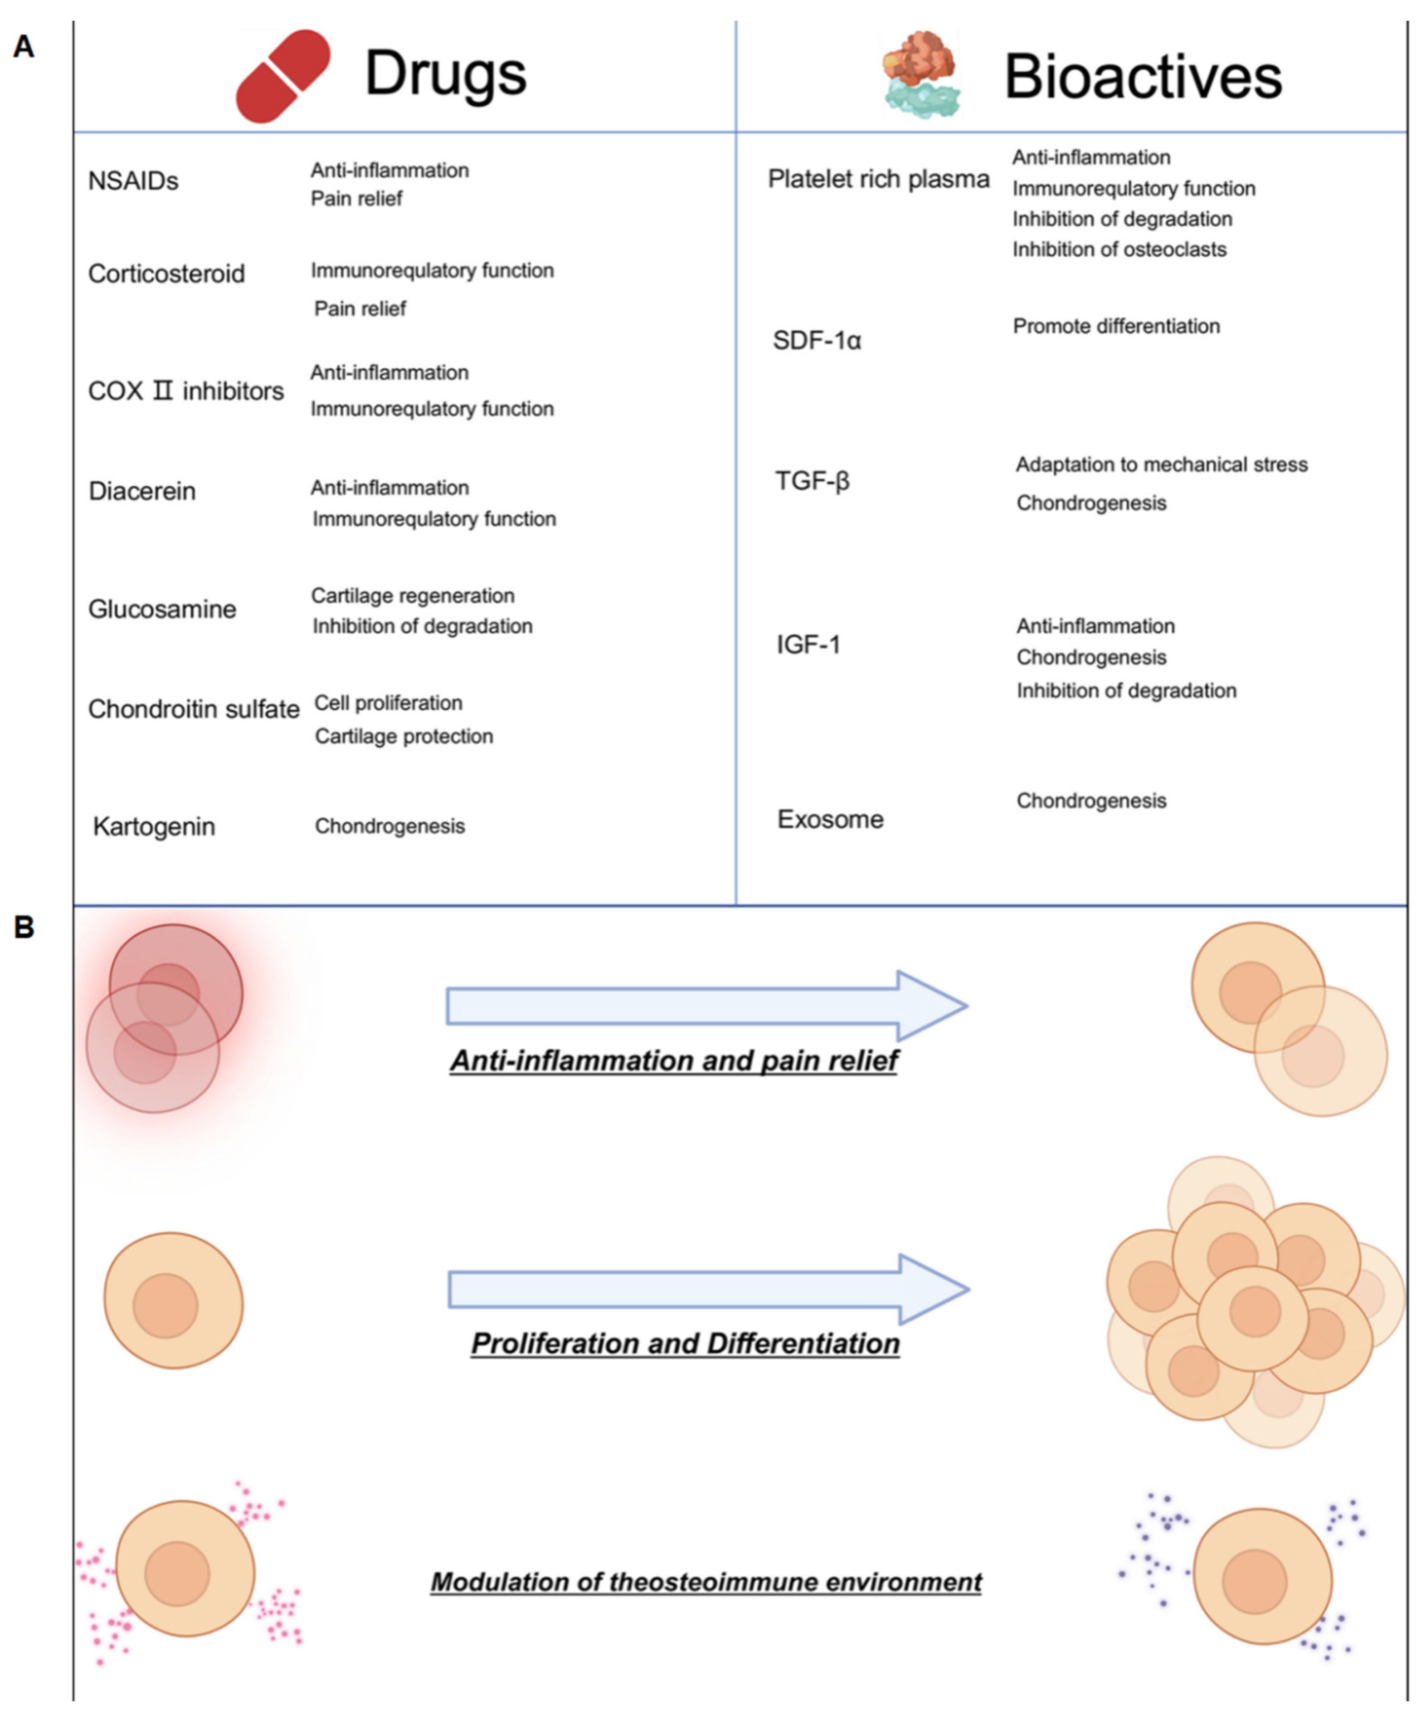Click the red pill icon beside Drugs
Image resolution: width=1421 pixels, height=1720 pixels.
(x=282, y=76)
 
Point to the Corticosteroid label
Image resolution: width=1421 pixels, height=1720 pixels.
(x=166, y=274)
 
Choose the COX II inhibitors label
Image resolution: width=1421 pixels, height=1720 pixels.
(x=186, y=391)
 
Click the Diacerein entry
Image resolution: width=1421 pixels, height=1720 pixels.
(x=141, y=491)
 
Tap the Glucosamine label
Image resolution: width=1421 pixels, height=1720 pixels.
(x=162, y=609)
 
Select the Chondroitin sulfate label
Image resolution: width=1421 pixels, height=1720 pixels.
(x=194, y=709)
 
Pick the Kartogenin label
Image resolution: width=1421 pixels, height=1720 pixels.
(x=154, y=827)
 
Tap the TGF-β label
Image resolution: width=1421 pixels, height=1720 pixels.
(x=812, y=480)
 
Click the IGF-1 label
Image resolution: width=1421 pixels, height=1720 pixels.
(x=808, y=645)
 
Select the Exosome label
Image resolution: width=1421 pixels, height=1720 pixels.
(x=830, y=820)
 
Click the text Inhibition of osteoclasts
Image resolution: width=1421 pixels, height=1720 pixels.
(x=1119, y=249)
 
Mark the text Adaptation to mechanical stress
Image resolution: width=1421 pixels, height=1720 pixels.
(x=1162, y=465)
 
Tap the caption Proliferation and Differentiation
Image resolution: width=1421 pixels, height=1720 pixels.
(x=685, y=1344)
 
